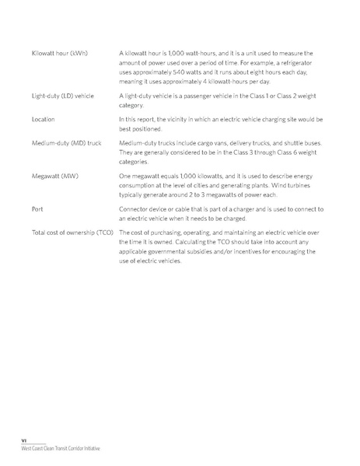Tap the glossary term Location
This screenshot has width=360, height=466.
[x=44, y=121]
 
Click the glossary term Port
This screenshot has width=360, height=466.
[x=37, y=210]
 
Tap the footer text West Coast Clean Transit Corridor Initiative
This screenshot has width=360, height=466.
[x=61, y=450]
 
